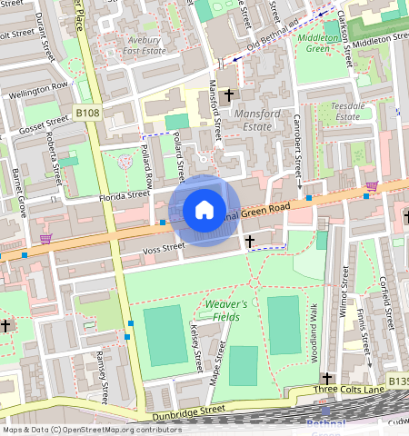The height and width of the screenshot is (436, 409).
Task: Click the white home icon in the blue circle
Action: (x=204, y=211)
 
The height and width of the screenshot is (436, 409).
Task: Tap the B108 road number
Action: (x=87, y=112)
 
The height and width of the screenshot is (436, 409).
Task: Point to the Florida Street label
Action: (x=125, y=193)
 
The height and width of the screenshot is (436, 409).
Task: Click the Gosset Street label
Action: (x=45, y=120)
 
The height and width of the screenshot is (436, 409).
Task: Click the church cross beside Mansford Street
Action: (x=229, y=94)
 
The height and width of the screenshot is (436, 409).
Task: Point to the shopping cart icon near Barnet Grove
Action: (x=45, y=239)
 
